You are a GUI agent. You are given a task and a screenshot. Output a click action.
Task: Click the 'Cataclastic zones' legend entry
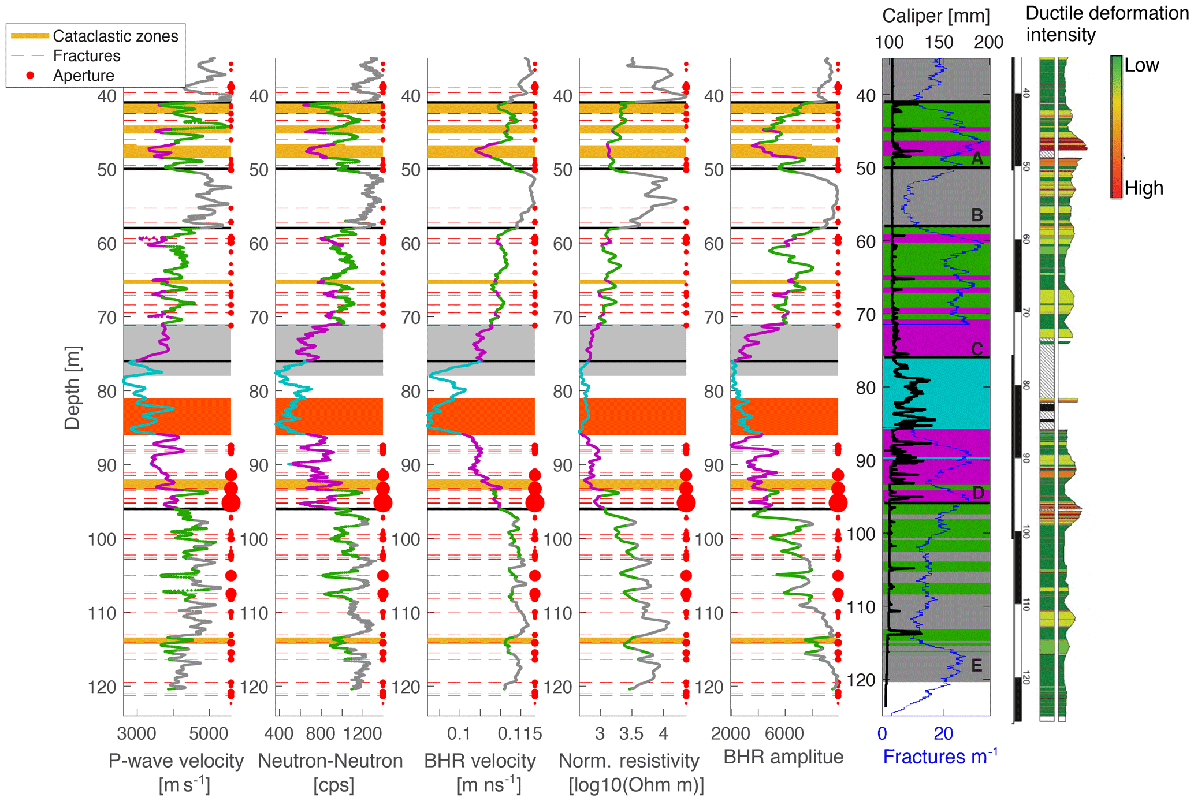point(115,36)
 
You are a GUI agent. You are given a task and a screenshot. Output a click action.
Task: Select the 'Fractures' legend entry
point(87,56)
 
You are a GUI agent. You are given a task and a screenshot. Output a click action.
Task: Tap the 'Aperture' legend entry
point(83,76)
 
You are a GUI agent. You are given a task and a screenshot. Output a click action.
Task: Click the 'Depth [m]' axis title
point(72,388)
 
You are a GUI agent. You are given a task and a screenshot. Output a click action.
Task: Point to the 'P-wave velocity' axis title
point(176,761)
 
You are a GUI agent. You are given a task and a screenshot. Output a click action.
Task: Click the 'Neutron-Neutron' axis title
point(330,761)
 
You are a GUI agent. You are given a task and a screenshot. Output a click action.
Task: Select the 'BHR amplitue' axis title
point(783,757)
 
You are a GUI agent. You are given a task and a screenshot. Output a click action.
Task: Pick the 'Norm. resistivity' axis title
point(628,761)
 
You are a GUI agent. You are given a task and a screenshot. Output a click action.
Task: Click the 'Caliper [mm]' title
point(936,16)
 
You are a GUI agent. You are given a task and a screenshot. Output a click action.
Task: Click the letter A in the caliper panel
point(977,158)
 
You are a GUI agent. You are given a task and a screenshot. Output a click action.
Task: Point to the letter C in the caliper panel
point(977,349)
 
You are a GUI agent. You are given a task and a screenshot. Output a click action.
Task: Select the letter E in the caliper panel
point(976,665)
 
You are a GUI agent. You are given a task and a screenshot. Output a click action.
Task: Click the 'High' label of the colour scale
point(1144,188)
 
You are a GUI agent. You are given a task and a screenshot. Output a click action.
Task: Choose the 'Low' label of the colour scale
point(1141,65)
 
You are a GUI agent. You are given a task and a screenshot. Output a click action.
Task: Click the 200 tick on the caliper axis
point(988,42)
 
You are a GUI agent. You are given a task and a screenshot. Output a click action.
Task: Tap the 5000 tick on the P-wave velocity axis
point(209,734)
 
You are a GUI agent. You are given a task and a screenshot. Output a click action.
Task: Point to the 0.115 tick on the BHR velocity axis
point(520,734)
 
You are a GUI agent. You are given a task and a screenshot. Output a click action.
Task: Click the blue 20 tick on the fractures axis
point(943,734)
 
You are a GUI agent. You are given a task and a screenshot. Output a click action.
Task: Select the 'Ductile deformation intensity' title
point(1106,24)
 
